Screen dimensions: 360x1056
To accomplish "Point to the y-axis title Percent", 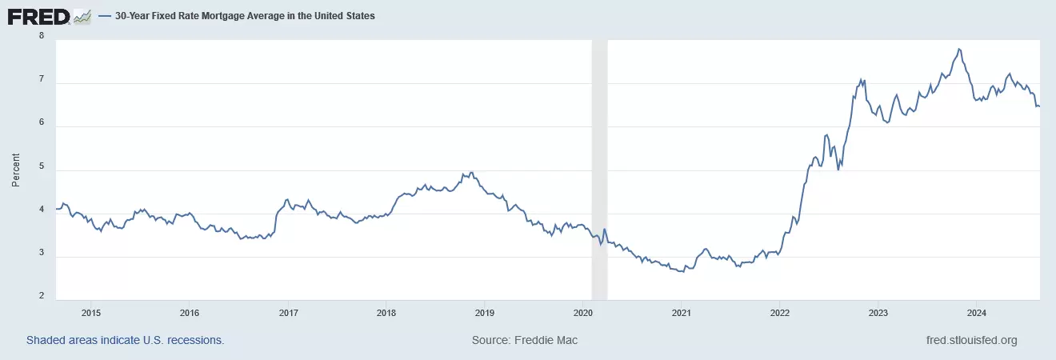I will click(x=15, y=170).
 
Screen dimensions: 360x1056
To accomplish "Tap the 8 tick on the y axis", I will click(x=41, y=36).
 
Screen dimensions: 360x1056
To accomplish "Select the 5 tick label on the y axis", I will click(x=41, y=169).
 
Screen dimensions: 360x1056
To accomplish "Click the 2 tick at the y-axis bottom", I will click(x=41, y=297).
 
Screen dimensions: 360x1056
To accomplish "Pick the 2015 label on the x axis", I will click(x=90, y=312).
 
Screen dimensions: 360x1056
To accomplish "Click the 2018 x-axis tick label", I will click(x=386, y=312).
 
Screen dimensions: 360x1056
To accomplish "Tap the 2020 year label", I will click(x=583, y=312).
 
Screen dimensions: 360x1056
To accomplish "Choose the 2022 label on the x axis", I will click(x=780, y=312).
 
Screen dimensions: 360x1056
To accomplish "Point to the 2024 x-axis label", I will click(x=976, y=312).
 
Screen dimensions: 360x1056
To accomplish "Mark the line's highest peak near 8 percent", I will click(x=958, y=49).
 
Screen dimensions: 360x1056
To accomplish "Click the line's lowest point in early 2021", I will click(x=682, y=272).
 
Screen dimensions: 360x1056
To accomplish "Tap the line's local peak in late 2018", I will click(x=472, y=172).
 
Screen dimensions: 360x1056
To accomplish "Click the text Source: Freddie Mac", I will click(x=525, y=341).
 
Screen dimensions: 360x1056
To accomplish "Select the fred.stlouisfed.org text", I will click(x=970, y=341).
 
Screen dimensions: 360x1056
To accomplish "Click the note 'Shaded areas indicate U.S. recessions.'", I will click(x=126, y=341).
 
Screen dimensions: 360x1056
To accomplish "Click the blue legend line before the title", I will click(x=104, y=16).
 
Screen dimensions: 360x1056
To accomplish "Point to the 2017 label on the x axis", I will click(x=287, y=312).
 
